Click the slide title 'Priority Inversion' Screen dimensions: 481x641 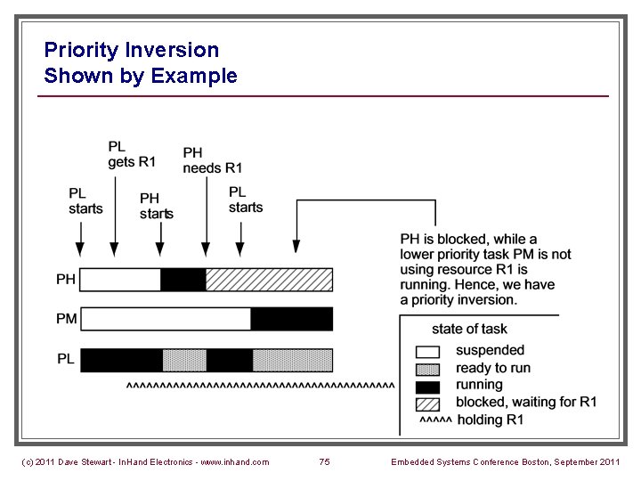(131, 50)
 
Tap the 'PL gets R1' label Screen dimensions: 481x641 (131, 154)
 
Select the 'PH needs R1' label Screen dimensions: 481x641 (212, 160)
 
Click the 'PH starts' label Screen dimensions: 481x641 (156, 206)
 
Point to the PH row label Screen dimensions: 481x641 (66, 280)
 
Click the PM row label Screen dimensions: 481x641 (66, 319)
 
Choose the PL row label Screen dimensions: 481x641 (66, 359)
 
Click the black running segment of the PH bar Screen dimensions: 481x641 (183, 280)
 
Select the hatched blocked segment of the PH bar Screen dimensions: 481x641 (269, 280)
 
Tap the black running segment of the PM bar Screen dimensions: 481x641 (291, 319)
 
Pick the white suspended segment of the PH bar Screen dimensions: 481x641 (120, 280)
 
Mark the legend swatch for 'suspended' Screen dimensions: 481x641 (428, 351)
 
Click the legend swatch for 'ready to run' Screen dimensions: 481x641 (428, 369)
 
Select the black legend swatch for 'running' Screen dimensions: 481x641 (428, 386)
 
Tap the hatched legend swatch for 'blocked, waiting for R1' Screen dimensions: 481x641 (428, 403)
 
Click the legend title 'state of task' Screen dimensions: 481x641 (468, 329)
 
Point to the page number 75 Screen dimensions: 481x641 (324, 461)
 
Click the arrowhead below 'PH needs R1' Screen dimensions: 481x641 (206, 251)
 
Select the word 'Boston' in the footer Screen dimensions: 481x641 (543, 461)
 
